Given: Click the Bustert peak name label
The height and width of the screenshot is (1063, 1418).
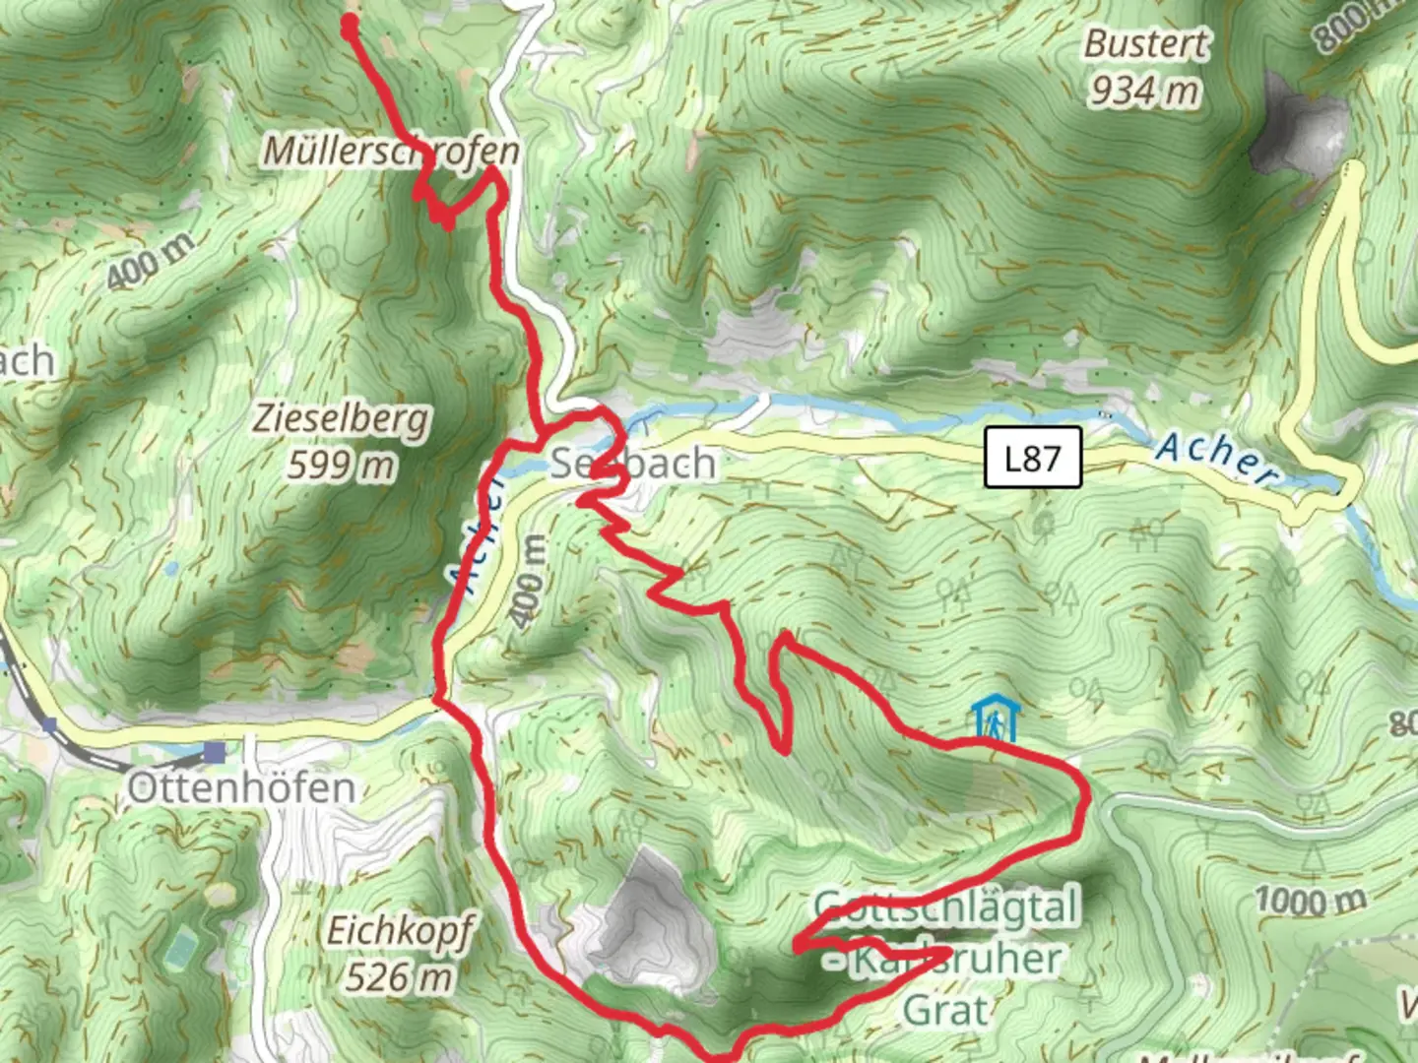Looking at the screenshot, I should point(1146,43).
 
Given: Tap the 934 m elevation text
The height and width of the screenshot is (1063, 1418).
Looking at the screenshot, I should point(1144,92).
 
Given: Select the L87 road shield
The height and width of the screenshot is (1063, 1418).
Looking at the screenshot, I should point(1033,458).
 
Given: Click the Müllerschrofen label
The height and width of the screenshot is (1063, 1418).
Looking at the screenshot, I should point(390,151).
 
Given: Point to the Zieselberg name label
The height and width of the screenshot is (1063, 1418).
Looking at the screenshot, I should point(341,418).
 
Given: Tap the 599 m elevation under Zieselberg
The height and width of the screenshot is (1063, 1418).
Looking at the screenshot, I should point(341,464).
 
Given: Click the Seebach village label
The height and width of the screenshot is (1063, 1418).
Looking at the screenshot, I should point(633,463).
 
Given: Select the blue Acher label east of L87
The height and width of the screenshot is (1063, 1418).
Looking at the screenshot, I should point(1219,459).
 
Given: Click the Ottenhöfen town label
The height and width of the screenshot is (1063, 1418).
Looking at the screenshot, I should point(240,787).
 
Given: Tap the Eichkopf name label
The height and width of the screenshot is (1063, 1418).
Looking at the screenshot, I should point(399,930).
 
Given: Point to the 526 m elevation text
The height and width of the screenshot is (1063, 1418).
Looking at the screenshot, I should point(399,976).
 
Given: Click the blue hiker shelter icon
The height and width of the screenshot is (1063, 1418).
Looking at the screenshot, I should point(996,720).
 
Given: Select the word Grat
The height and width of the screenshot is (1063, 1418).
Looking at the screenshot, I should point(945,1010).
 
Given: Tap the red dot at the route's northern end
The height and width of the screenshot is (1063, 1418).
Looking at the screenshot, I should point(350,27).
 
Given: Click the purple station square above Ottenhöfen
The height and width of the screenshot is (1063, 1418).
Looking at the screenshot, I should point(214,753).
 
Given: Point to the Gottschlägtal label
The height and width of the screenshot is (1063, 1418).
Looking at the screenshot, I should point(946,907).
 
